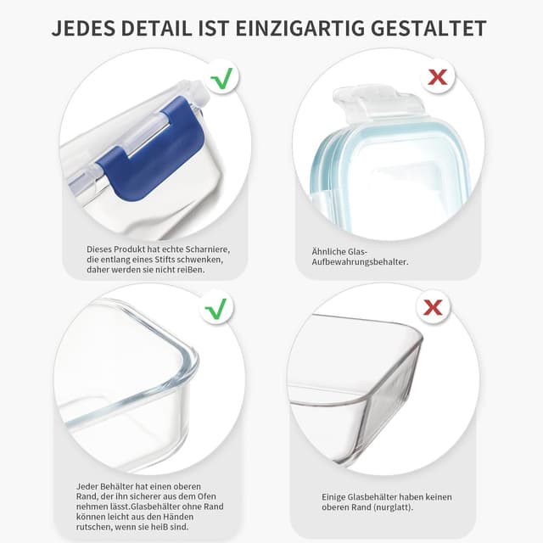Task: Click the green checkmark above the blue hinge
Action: coord(221,80)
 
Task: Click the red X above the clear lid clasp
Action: coord(437,77)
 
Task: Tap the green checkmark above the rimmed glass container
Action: coord(217,308)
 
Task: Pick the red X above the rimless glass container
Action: coord(433,307)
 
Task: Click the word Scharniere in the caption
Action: coord(208,249)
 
